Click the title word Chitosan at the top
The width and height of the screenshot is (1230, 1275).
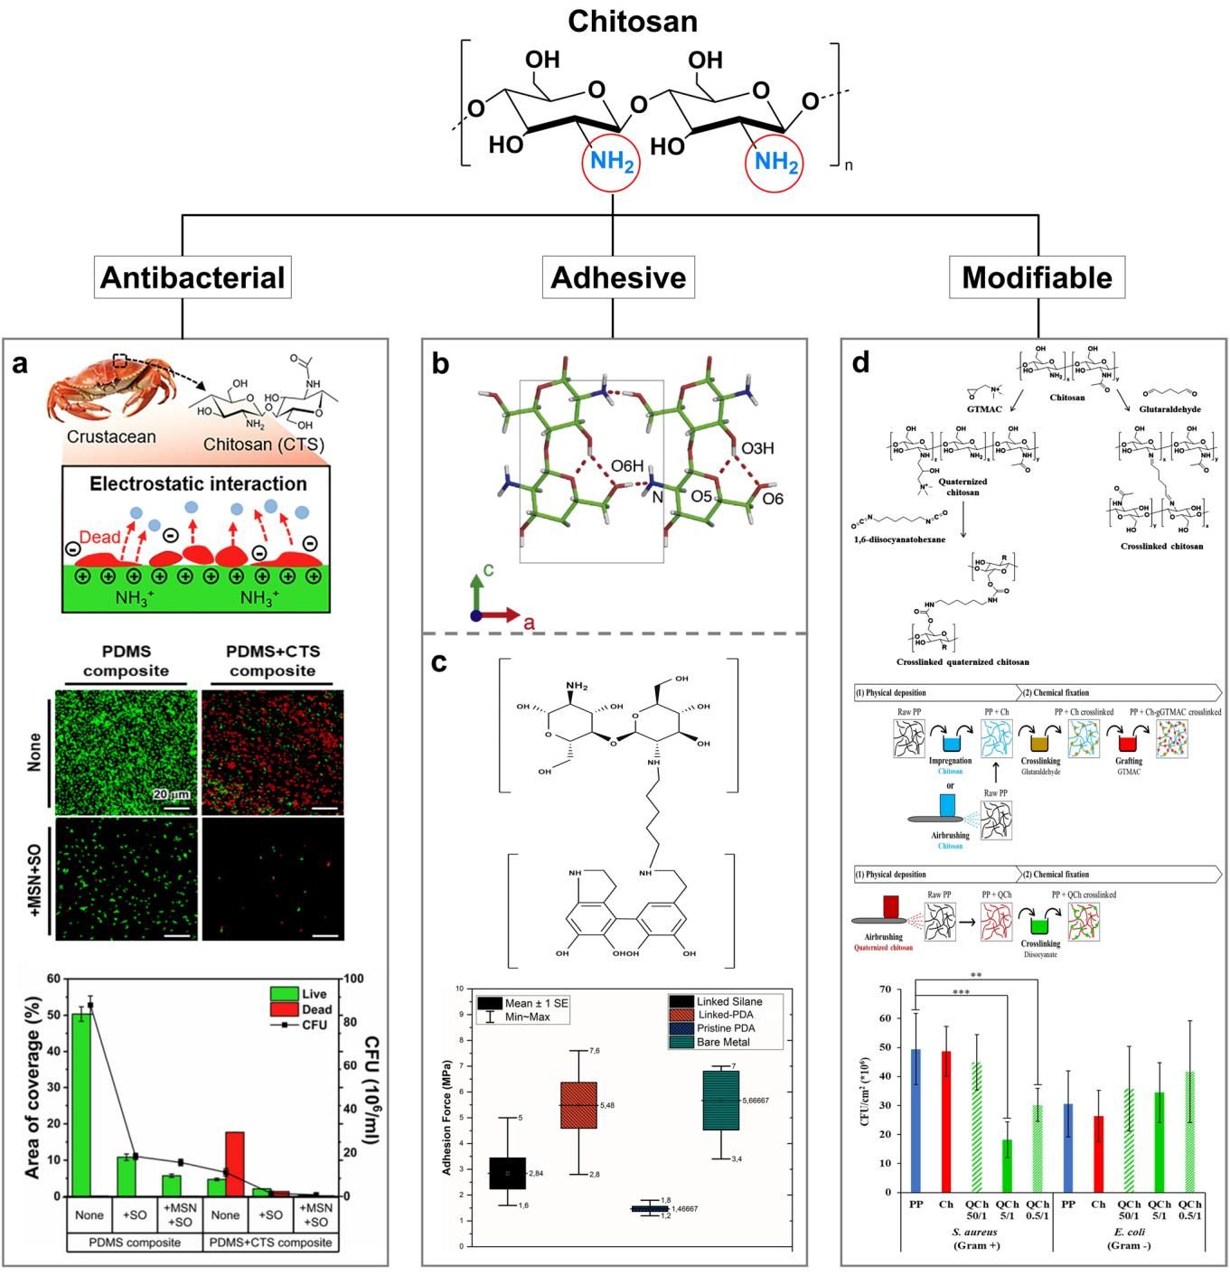coord(632,21)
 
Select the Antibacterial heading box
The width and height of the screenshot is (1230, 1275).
coord(192,277)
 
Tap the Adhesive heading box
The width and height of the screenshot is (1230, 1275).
coord(618,277)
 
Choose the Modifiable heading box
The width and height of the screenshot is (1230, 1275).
coord(1037,277)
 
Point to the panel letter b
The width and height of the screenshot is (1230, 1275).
coord(441,364)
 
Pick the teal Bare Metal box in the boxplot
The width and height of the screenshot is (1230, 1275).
coord(721,1100)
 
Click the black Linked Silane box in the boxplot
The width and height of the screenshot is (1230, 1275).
coord(508,1173)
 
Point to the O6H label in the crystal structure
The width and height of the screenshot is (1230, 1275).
coord(627,465)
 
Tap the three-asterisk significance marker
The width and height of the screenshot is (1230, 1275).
coord(961,992)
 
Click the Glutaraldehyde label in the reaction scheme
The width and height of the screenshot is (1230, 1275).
coord(1169,409)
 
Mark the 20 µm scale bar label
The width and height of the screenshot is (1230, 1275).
coord(171,794)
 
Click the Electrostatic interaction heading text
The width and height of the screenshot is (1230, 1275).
coord(198,484)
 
